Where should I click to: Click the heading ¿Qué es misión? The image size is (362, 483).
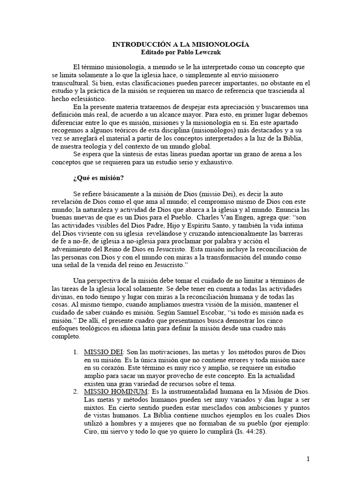(98, 178)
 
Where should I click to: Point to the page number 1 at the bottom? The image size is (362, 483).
(308, 459)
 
